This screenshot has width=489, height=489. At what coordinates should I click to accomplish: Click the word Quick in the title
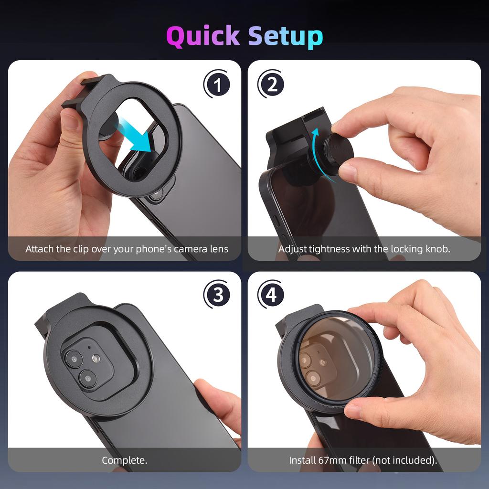[203, 36]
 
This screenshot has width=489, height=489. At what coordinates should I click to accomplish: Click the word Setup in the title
[286, 36]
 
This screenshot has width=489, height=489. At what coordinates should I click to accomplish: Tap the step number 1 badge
[217, 85]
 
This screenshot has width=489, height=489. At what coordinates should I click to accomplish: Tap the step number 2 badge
[271, 85]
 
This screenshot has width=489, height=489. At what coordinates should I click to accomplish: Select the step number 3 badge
[217, 295]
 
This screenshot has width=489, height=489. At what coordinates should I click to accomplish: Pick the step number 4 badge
[271, 295]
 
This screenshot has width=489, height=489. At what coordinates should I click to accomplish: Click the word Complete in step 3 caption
[123, 460]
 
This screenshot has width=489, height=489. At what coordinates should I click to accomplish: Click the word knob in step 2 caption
[437, 249]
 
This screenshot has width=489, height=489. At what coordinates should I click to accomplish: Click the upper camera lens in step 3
[74, 358]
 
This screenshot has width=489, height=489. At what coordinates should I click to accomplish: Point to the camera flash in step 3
[96, 358]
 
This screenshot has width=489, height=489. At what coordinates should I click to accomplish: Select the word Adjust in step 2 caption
[292, 249]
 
